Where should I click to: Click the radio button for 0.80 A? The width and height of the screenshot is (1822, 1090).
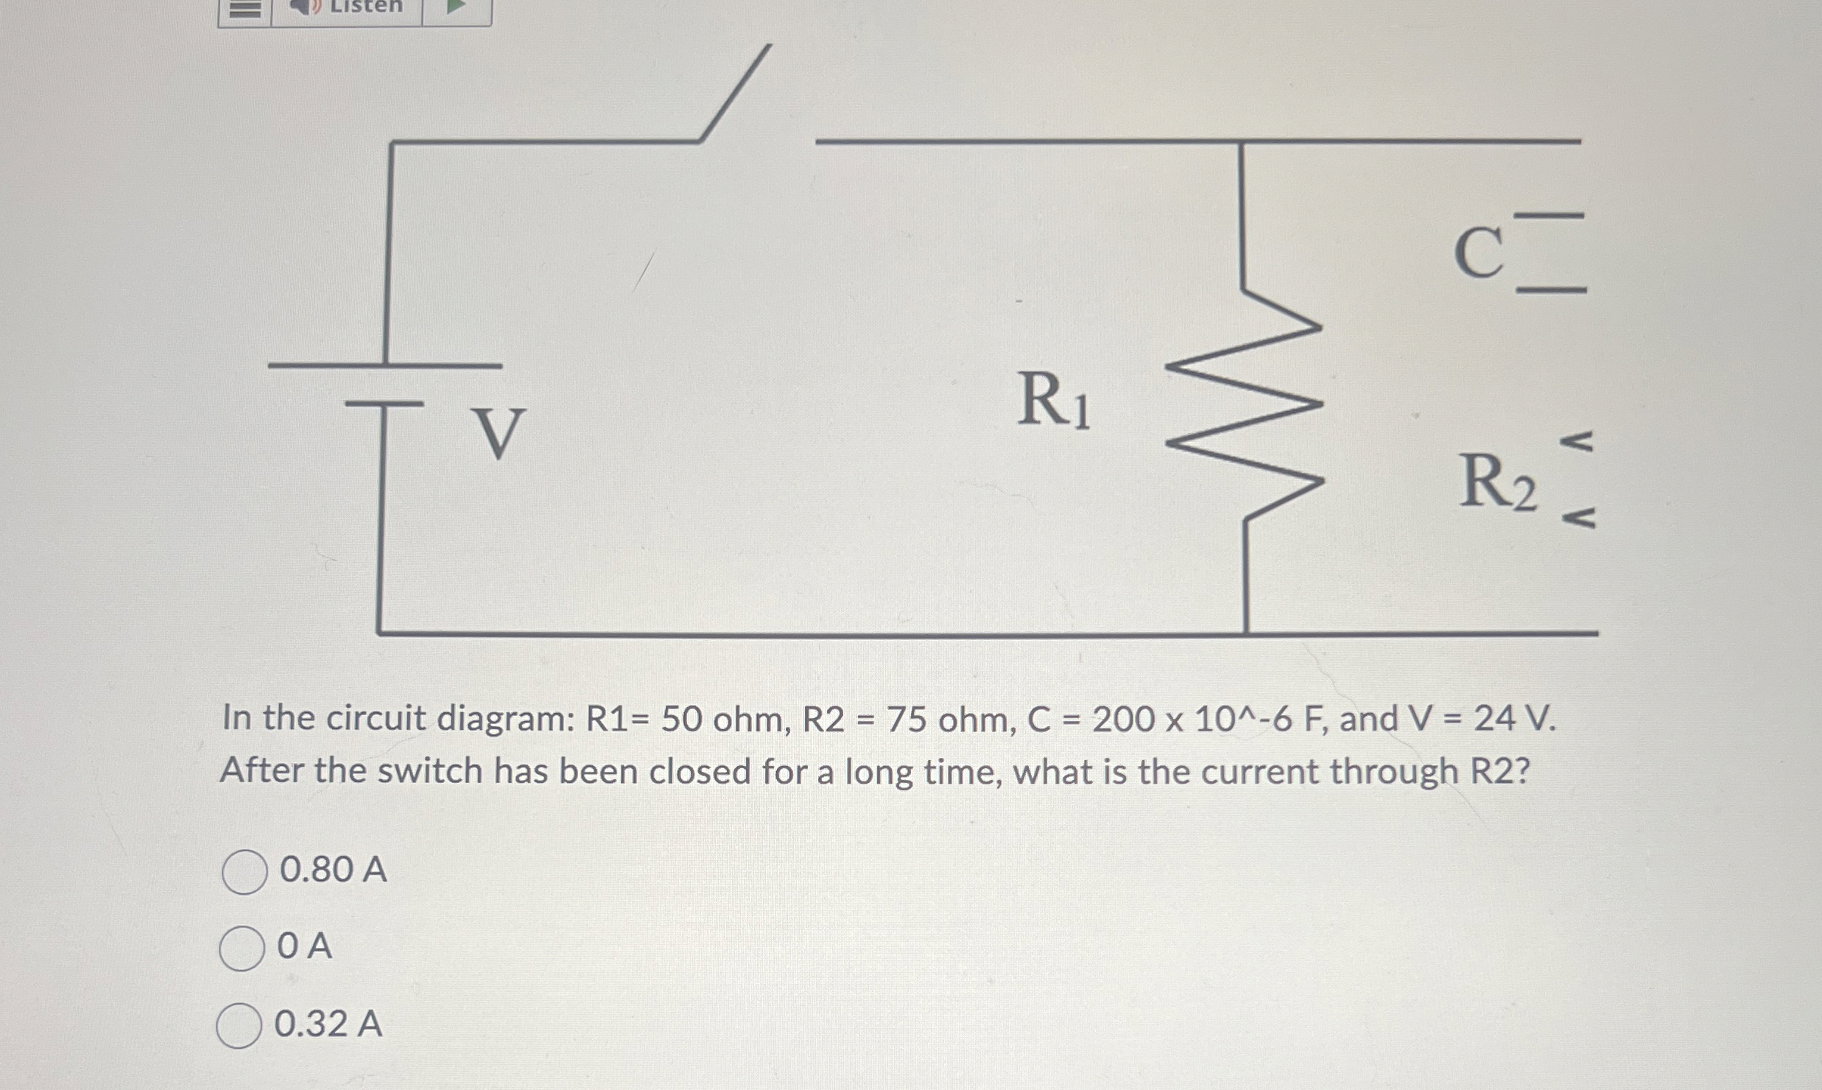coord(244,872)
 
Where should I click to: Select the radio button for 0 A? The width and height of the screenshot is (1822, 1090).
coord(242,949)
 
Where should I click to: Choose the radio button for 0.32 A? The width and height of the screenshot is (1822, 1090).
coord(239,1025)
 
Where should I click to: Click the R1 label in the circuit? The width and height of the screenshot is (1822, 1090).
coord(1053,401)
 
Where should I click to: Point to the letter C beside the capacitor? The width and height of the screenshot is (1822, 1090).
coord(1478,252)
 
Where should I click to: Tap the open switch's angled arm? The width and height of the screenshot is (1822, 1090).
coord(735,93)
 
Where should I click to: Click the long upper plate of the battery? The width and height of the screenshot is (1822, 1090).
coord(384,365)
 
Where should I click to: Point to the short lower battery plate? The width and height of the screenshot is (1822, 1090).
coord(384,404)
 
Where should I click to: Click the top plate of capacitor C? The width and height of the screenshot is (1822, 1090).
coord(1550,216)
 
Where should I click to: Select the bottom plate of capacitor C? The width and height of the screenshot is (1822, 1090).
coord(1551,291)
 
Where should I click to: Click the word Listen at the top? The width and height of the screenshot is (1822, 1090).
coord(366,7)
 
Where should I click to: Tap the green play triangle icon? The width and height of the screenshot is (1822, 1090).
coord(457,7)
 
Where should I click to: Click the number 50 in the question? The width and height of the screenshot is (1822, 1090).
coord(681,720)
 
